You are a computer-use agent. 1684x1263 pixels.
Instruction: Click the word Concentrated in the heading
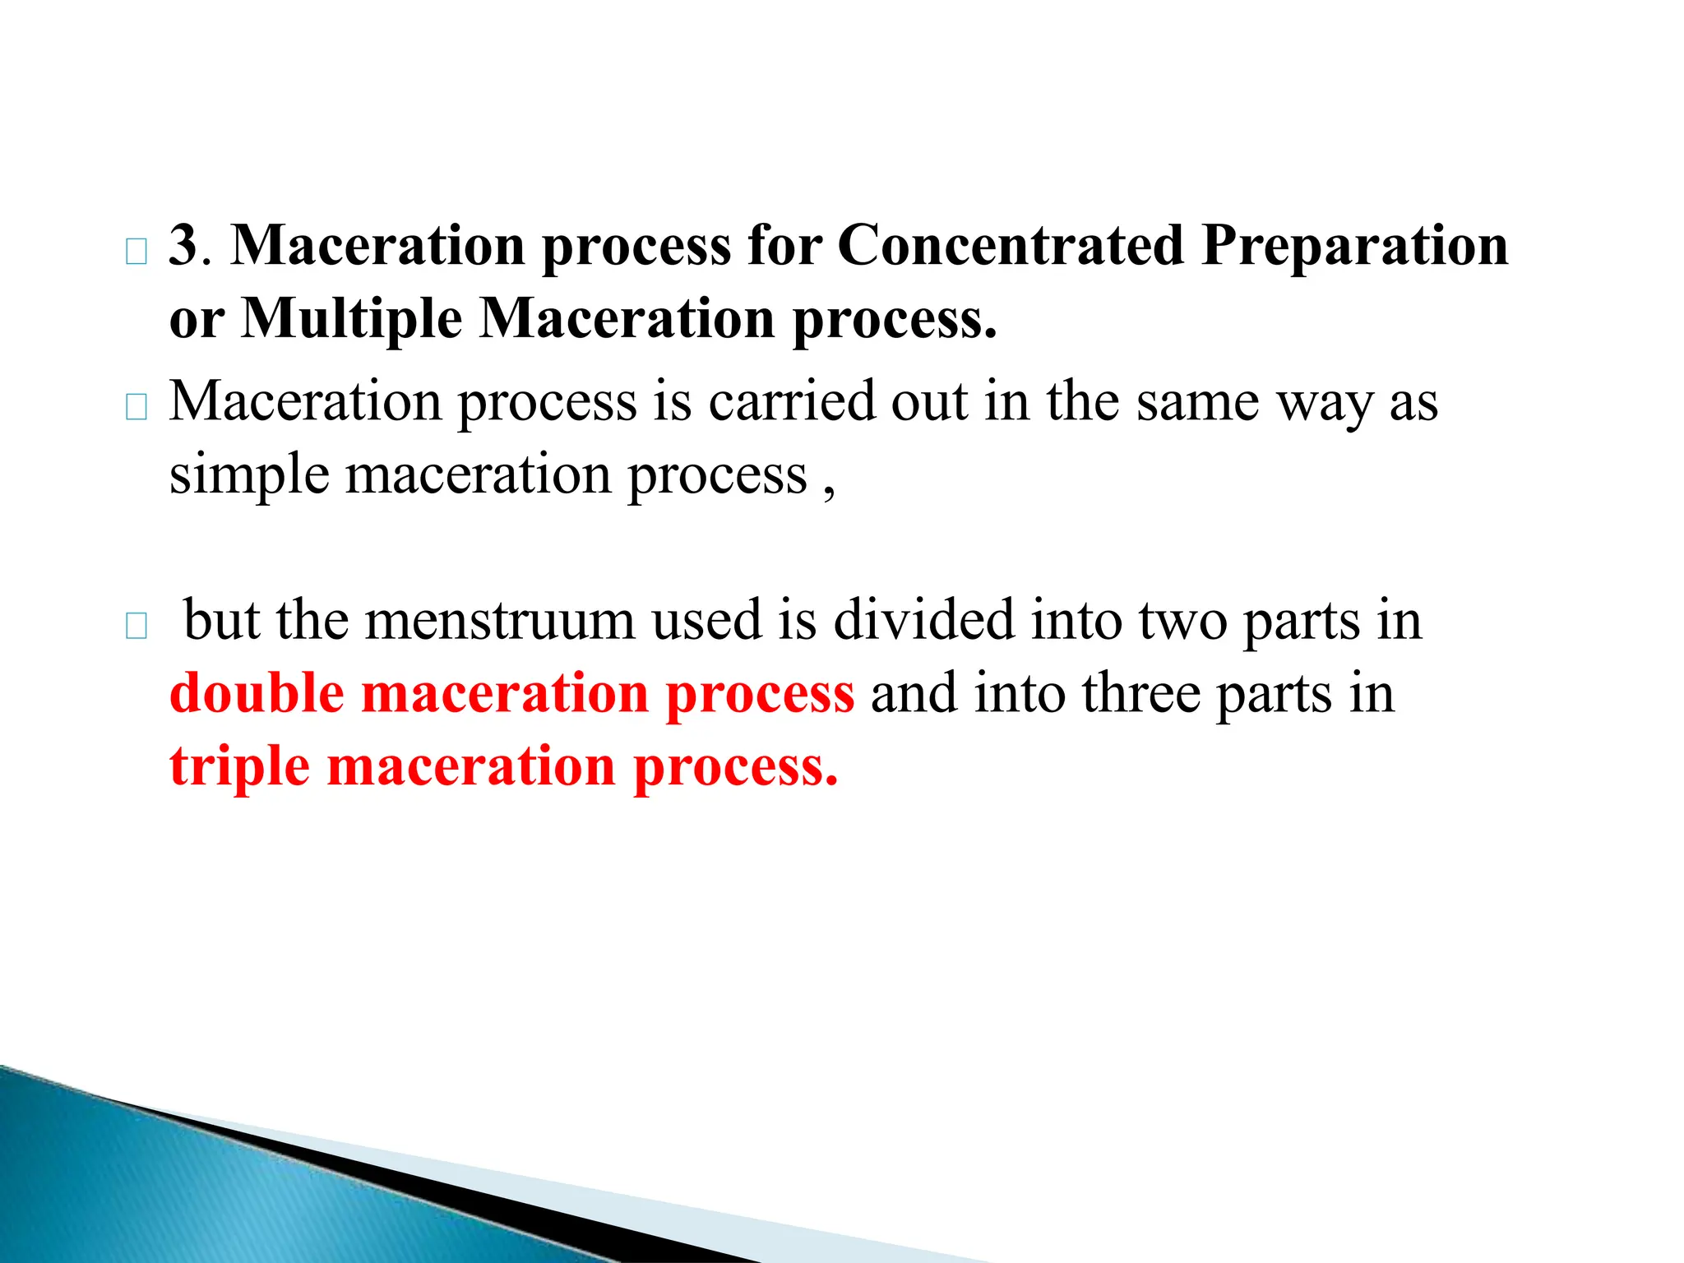coord(1011,246)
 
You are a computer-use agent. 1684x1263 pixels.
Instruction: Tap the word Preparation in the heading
coord(1354,246)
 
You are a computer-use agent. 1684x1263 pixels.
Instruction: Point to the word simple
coord(248,476)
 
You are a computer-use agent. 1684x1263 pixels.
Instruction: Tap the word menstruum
coord(499,620)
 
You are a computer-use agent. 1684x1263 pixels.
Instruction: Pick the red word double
coord(257,693)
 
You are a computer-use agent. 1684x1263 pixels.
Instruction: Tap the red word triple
coord(239,766)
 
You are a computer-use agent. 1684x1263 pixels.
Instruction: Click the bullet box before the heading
coord(136,252)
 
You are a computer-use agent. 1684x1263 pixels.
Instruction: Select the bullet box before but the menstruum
coord(136,627)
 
